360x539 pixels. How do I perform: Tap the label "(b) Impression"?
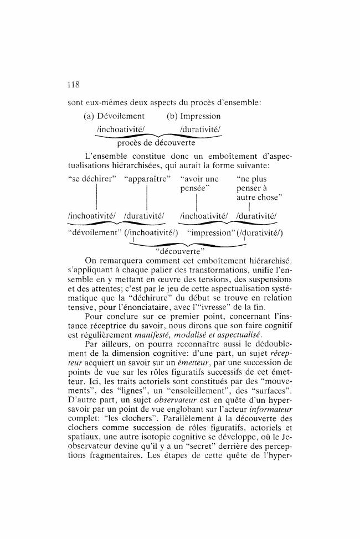193,116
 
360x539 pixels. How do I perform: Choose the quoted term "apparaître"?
148,179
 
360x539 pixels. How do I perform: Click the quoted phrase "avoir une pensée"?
199,183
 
